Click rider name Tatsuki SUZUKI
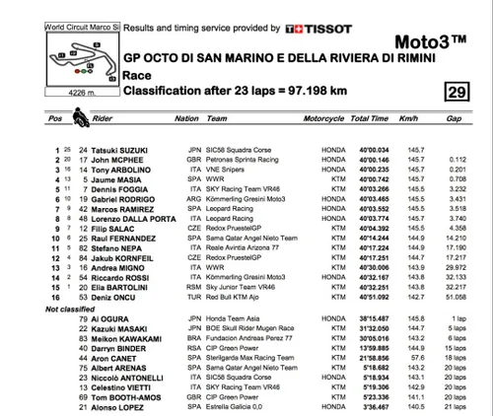click(x=122, y=151)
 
